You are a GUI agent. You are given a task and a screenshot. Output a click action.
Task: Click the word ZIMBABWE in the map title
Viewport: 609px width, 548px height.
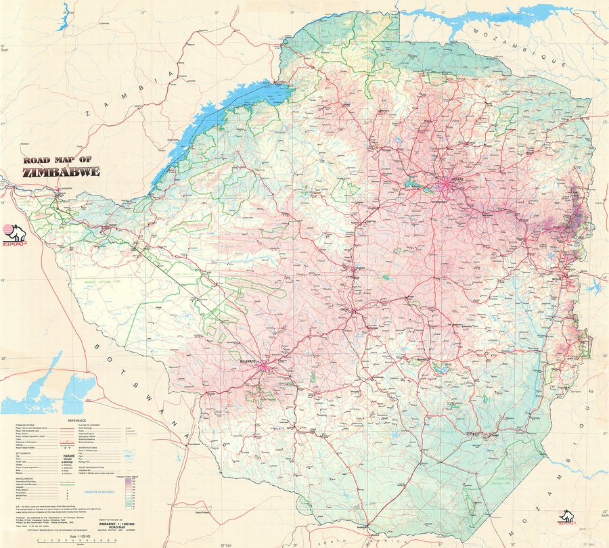[x=61, y=172]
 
